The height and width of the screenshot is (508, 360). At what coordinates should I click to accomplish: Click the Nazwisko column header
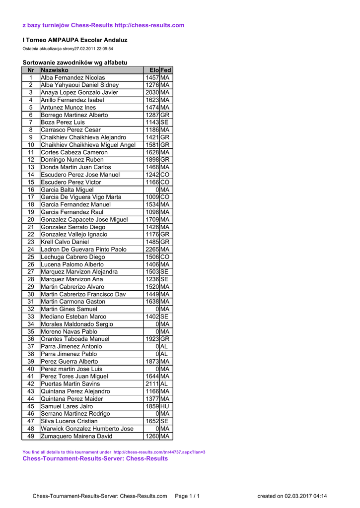(55, 70)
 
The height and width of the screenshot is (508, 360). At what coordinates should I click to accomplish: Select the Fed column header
(166, 70)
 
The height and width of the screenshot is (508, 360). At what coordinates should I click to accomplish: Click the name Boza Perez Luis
(63, 123)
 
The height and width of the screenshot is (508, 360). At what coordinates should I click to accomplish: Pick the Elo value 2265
(152, 250)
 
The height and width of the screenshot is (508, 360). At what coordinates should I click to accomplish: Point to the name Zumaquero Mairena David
(76, 436)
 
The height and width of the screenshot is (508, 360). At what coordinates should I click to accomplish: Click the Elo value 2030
(152, 93)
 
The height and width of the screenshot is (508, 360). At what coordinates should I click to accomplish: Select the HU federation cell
(165, 406)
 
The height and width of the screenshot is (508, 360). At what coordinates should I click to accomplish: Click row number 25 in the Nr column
(31, 257)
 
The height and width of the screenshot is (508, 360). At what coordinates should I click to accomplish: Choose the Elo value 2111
(152, 384)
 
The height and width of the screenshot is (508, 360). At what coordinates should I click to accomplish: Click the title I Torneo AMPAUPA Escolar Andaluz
(75, 40)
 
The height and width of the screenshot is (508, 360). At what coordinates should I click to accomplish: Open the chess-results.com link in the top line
(149, 25)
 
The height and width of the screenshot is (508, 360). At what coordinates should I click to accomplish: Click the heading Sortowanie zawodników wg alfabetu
(75, 63)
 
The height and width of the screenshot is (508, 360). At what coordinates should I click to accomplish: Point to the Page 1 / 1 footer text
(188, 496)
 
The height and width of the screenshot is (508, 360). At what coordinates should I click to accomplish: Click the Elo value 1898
(152, 160)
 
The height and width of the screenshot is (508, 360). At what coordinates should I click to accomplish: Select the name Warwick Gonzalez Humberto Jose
(87, 429)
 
